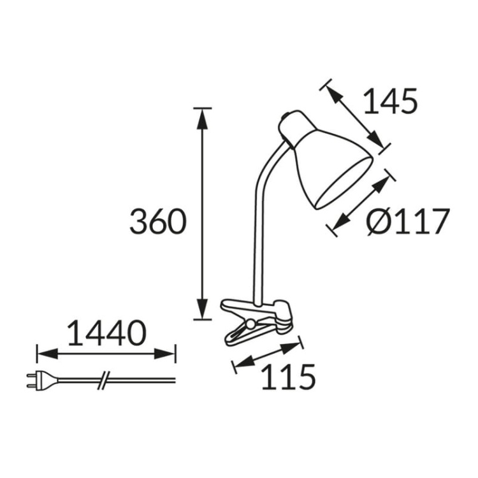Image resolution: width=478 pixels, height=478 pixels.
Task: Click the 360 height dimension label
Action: [157, 221]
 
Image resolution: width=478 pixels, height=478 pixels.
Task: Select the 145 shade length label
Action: [389, 101]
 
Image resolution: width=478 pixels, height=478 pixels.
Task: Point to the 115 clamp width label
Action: [288, 377]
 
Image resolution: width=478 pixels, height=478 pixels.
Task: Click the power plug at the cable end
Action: [37, 380]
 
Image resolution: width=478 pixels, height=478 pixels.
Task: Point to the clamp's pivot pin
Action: [251, 324]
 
